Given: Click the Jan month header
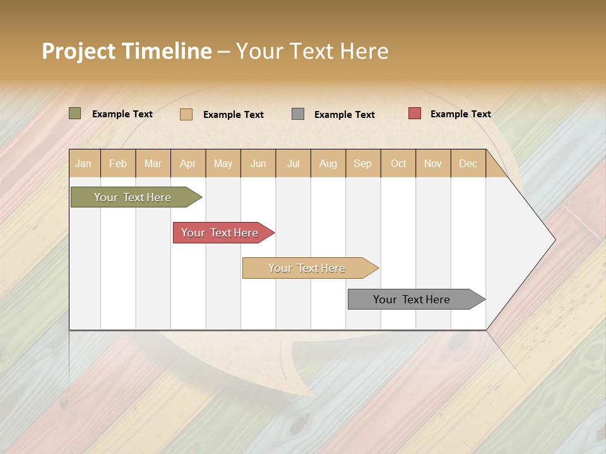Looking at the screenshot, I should pos(83,164).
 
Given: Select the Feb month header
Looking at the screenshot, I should pos(118,164).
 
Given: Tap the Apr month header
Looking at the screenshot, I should pos(188,164).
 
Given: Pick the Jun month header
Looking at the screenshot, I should pos(258,164).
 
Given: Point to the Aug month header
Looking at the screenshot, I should pos(328,164).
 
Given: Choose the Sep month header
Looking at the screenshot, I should pos(363,164).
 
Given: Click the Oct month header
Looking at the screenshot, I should pos(398,164).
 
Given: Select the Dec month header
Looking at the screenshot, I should pos(468,164).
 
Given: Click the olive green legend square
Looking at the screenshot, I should pos(74,113).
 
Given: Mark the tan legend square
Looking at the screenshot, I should pos(186,114).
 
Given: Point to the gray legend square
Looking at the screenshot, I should pos(298,114).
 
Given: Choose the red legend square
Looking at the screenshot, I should pos(415,113).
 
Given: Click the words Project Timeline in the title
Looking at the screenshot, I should pos(127,51).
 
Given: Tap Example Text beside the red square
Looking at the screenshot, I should pos(461,114).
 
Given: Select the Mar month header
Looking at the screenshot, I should pos(153,164).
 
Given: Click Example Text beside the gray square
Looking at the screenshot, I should pos(345,115).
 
